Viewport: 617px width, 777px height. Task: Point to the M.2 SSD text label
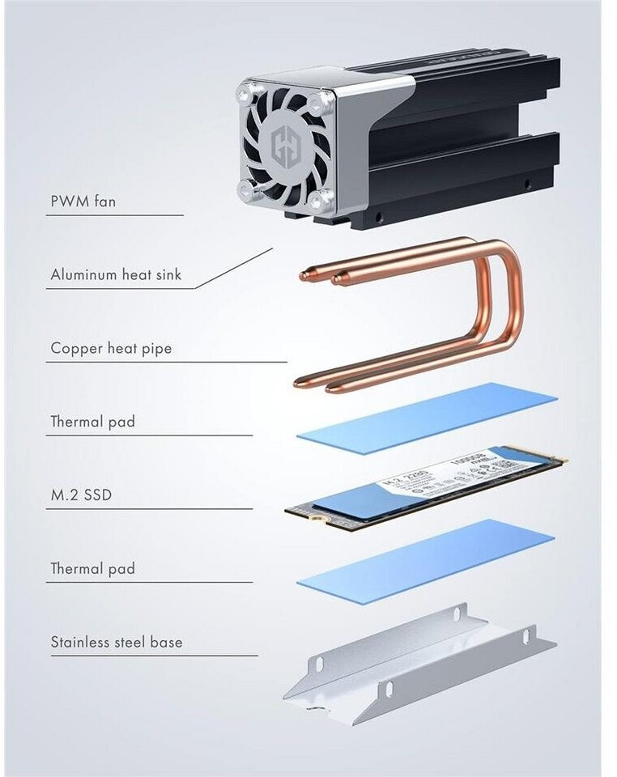coord(81,495)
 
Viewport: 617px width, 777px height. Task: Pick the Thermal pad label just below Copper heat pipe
coord(92,422)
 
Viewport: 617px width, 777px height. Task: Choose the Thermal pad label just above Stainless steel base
coord(92,569)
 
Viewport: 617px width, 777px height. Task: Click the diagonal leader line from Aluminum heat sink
coord(235,268)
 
